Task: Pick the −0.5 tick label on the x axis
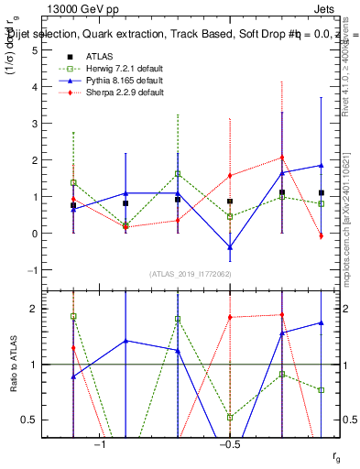pos(229,445)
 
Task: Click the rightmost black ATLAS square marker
pos(322,193)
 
